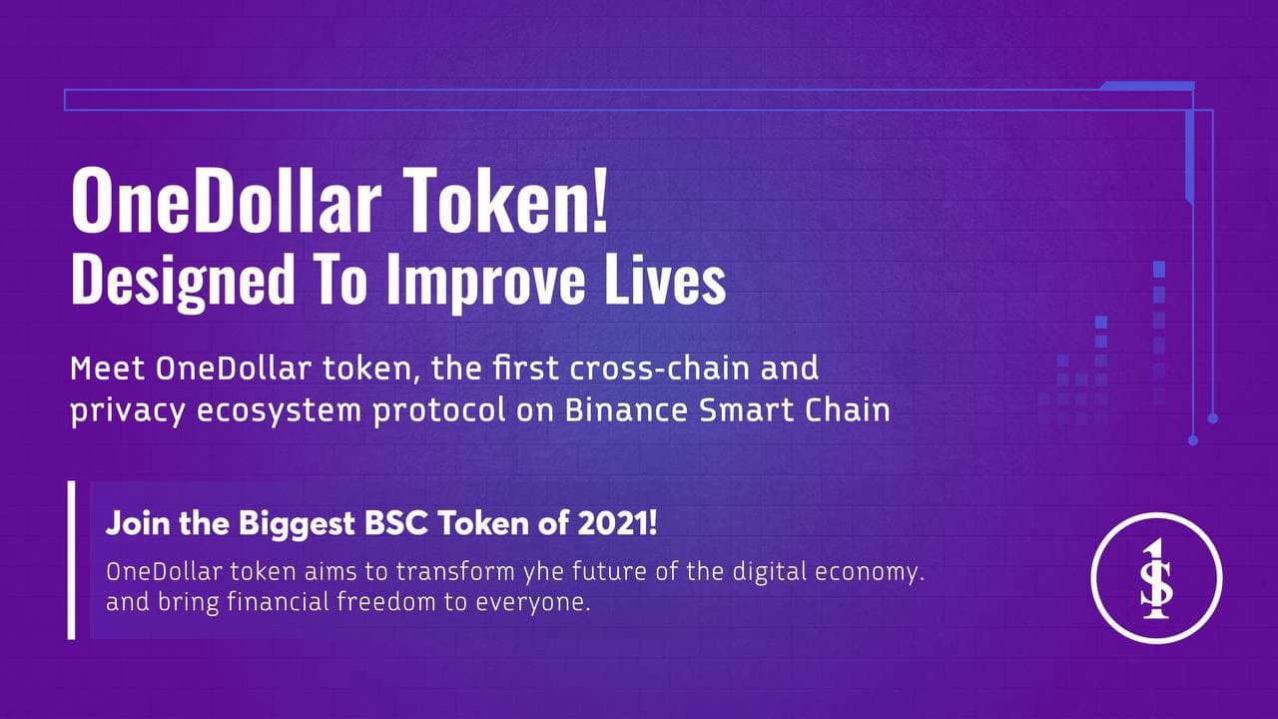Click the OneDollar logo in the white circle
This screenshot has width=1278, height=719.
[x=1156, y=578]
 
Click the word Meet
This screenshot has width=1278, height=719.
[x=107, y=368]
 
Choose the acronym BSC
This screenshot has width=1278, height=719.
[x=396, y=522]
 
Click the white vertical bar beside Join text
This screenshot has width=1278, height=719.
[x=71, y=560]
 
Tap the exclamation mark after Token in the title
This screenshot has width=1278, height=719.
[x=600, y=200]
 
